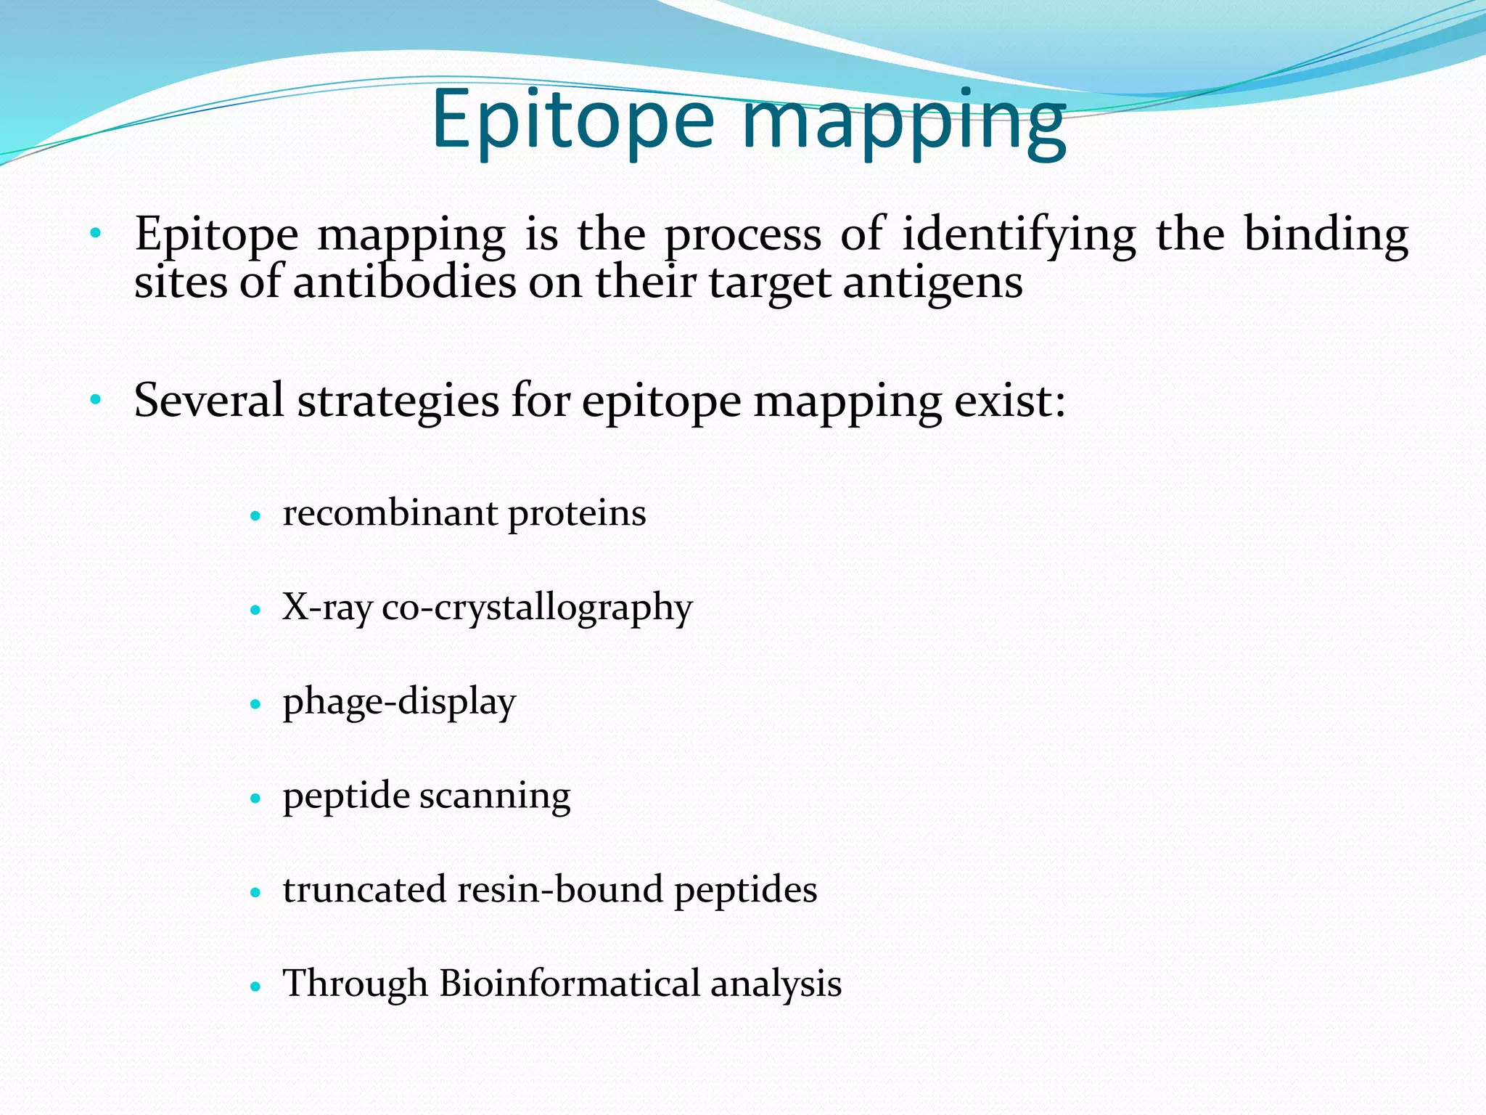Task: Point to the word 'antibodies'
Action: click(x=404, y=282)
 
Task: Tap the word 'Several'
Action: click(x=209, y=400)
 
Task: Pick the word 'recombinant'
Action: click(x=390, y=513)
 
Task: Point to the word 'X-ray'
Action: click(x=327, y=608)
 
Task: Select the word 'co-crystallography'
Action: click(x=537, y=608)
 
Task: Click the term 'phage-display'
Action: click(x=399, y=702)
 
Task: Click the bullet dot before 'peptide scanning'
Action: click(x=255, y=799)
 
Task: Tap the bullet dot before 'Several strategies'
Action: click(x=95, y=399)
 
